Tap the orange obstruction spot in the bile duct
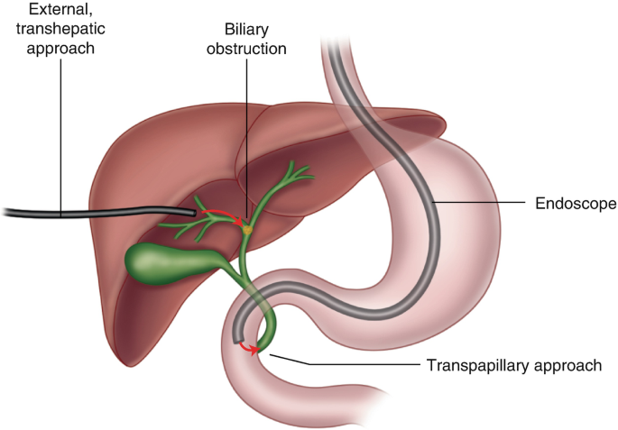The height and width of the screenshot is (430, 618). click(x=246, y=231)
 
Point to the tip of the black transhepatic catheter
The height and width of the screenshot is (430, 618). click(x=191, y=212)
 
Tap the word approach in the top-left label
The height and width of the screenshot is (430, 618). click(x=55, y=48)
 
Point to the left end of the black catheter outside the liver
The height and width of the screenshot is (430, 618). click(x=5, y=214)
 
